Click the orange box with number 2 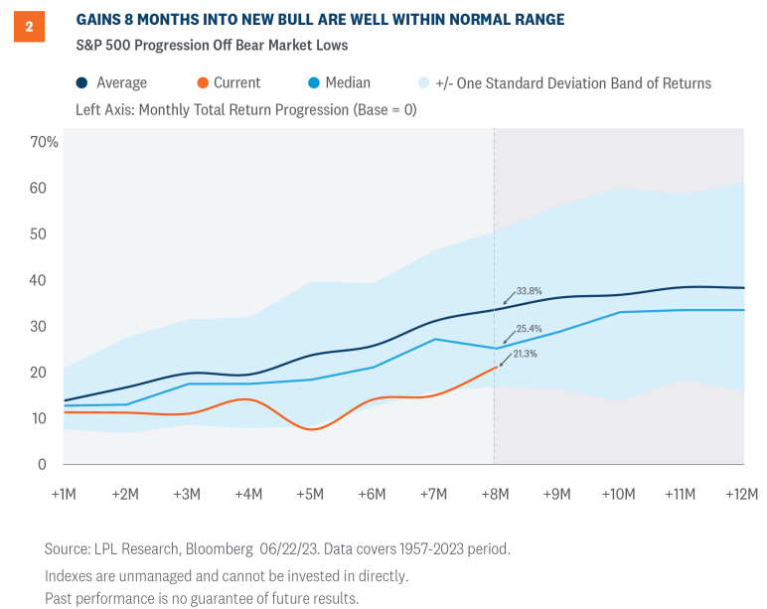pyautogui.click(x=29, y=27)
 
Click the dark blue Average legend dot pyautogui.click(x=82, y=83)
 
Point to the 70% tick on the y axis pyautogui.click(x=45, y=142)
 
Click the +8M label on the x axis pyautogui.click(x=494, y=494)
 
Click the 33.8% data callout pyautogui.click(x=529, y=292)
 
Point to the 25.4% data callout pyautogui.click(x=529, y=328)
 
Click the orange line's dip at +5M pyautogui.click(x=312, y=429)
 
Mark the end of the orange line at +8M pyautogui.click(x=494, y=368)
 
